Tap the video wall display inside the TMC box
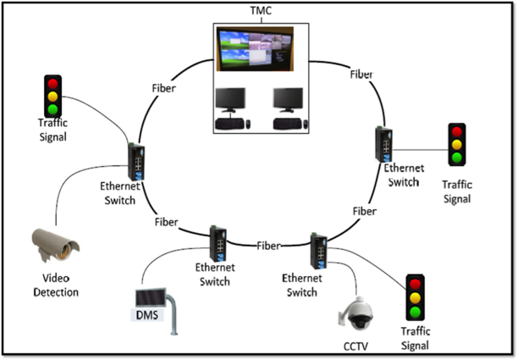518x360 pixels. [252, 49]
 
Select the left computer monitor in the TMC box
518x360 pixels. [232, 100]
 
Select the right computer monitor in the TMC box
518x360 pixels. [288, 100]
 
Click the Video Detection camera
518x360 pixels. [54, 246]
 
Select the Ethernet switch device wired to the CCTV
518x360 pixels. [320, 250]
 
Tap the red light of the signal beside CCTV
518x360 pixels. [415, 285]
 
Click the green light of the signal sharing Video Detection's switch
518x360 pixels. [54, 108]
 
